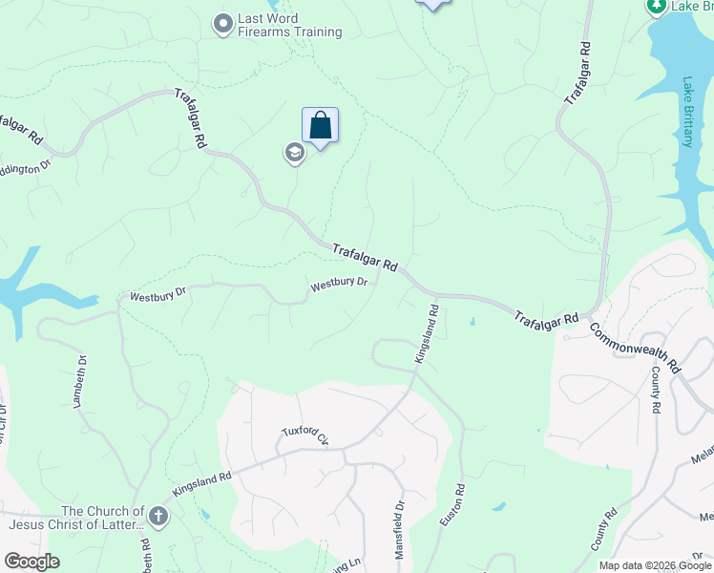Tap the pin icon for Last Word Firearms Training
(x=223, y=24)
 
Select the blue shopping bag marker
(x=321, y=125)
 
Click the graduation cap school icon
(x=294, y=153)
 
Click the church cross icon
(x=157, y=518)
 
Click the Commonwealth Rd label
(x=634, y=346)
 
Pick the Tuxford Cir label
(x=304, y=435)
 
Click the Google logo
(x=31, y=562)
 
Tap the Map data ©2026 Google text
(x=654, y=565)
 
